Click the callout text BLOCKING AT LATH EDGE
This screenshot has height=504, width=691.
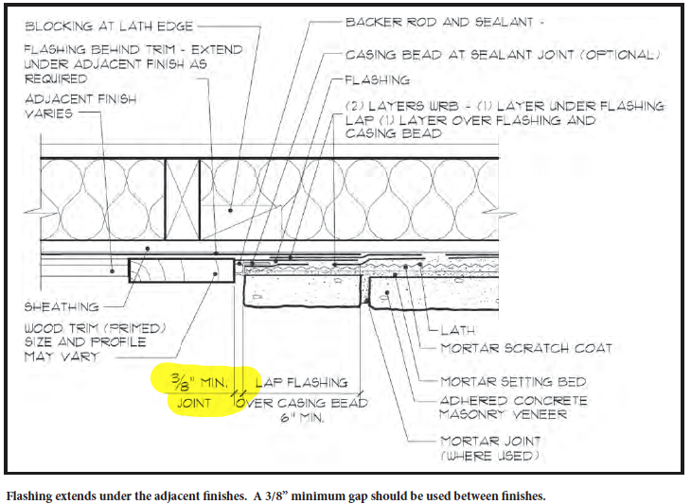[109, 26]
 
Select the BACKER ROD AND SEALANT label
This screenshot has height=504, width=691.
[439, 22]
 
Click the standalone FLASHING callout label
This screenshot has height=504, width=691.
[378, 80]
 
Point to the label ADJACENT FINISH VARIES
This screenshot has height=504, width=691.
[80, 106]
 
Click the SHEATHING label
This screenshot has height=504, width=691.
[62, 306]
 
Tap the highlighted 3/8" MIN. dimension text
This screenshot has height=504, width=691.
[199, 381]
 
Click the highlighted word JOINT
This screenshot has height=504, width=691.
[194, 403]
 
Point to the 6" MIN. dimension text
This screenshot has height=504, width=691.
[302, 417]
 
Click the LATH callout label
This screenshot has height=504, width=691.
[458, 330]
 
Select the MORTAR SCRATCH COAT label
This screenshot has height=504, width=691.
[526, 349]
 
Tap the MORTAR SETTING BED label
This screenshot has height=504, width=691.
[513, 382]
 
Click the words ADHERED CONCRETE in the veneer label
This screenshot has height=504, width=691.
[513, 401]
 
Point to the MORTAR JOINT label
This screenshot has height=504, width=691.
[490, 441]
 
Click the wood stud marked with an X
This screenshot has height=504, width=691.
[183, 200]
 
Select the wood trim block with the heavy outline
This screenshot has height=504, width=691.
[181, 270]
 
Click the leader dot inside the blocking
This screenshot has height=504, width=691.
[230, 211]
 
